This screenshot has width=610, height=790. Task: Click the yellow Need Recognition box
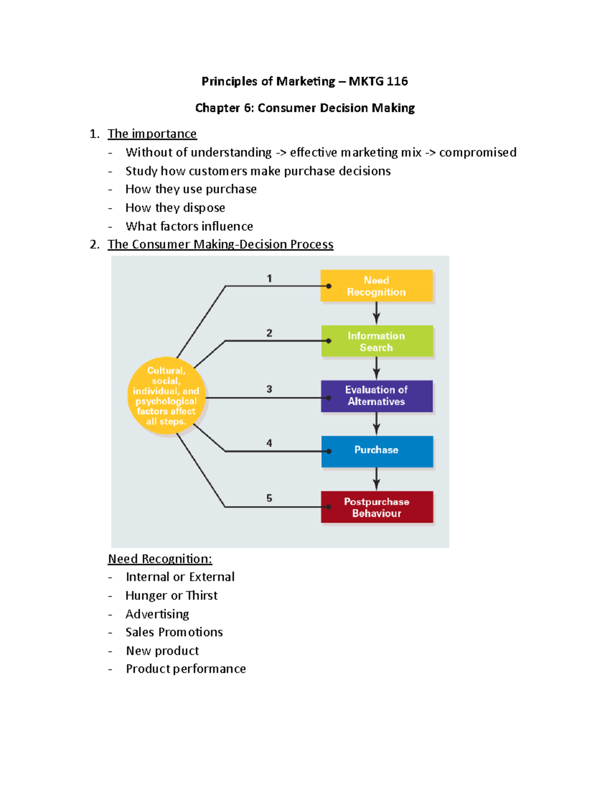[x=376, y=286]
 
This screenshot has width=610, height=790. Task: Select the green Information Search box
[x=377, y=341]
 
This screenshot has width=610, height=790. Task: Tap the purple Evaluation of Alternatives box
[x=377, y=396]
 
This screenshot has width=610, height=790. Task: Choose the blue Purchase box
[x=377, y=451]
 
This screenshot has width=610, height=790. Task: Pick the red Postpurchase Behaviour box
[x=377, y=507]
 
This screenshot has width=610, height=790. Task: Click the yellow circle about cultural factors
[x=166, y=396]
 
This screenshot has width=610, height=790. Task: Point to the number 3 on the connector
[x=269, y=389]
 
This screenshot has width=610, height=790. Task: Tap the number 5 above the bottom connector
[x=269, y=498]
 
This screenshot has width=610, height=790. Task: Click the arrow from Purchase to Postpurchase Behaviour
[x=376, y=479]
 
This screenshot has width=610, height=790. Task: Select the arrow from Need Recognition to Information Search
[x=376, y=313]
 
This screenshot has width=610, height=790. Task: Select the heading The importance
[x=152, y=134]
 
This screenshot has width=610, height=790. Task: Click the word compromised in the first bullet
[x=477, y=153]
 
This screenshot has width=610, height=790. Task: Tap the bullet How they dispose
[x=175, y=208]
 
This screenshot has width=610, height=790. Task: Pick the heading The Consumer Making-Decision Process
[x=220, y=245]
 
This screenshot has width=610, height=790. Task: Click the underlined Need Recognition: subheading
[x=160, y=559]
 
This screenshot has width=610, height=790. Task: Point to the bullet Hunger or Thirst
[x=171, y=595]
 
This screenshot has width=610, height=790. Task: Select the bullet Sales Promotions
[x=174, y=632]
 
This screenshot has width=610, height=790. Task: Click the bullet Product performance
[x=186, y=669]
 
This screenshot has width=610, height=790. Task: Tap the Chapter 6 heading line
[x=305, y=108]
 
